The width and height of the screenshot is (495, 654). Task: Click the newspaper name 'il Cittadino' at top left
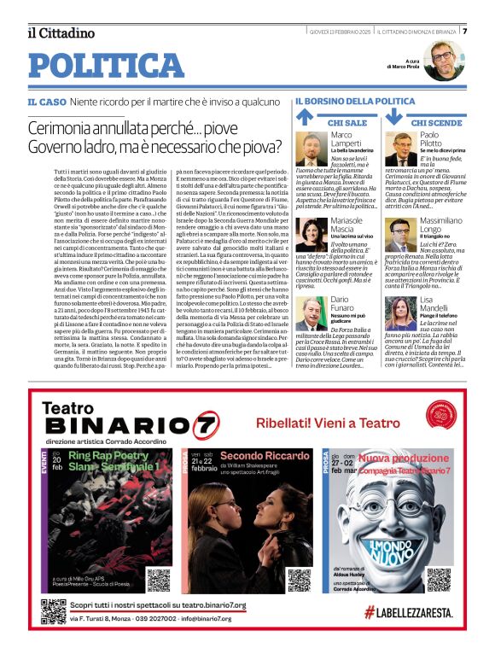pos(61,33)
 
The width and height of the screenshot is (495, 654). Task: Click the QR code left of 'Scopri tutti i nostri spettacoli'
pos(53,612)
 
